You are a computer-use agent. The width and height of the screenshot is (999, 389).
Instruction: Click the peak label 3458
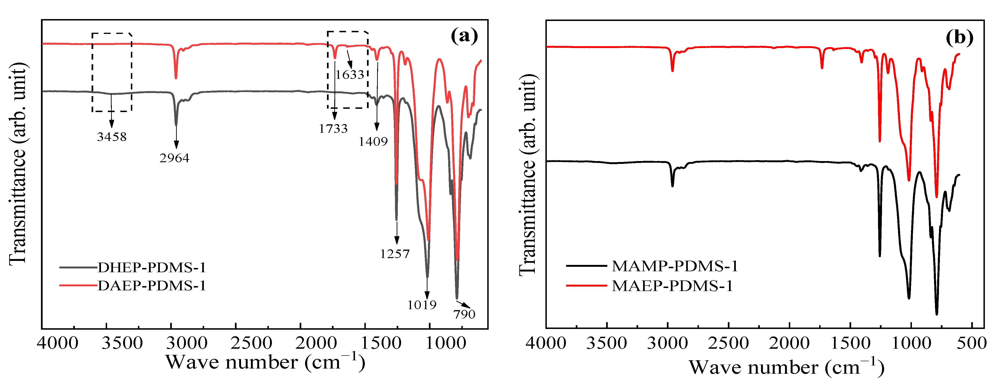[112, 137]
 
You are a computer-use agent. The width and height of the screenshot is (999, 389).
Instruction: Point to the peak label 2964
[174, 158]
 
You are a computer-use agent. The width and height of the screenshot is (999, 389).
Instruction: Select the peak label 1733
[333, 128]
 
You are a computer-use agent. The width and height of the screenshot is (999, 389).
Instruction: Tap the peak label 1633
[350, 74]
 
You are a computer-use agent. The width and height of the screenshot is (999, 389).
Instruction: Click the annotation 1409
[373, 142]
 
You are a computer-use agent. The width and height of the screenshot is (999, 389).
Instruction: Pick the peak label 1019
[422, 305]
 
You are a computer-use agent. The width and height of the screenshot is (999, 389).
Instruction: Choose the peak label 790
[464, 314]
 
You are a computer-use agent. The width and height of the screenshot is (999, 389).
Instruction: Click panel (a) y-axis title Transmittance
[17, 163]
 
